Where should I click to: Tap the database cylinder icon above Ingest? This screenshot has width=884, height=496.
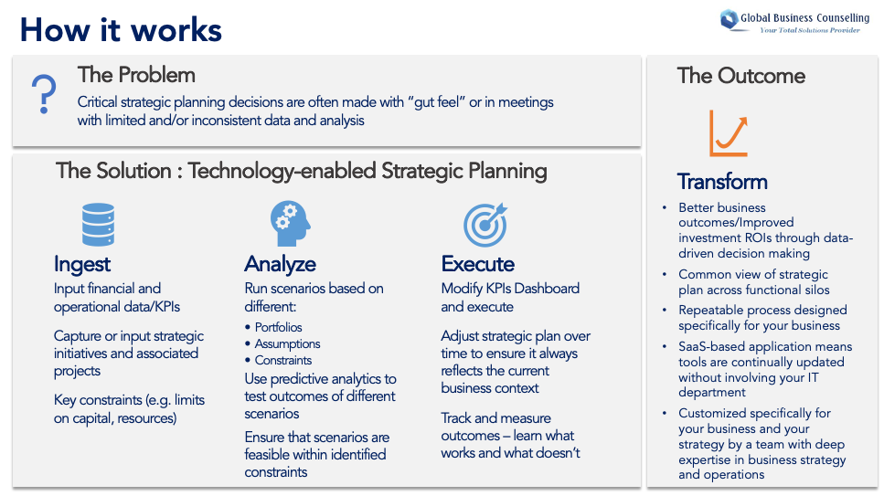(98, 225)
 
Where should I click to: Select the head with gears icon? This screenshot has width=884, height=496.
(291, 224)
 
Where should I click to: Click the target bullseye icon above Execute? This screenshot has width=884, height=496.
(485, 225)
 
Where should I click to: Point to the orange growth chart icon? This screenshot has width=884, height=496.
(729, 133)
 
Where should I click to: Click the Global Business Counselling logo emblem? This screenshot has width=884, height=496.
(729, 20)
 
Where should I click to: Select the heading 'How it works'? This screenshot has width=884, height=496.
(122, 30)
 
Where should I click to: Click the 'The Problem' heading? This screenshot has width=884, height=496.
(136, 75)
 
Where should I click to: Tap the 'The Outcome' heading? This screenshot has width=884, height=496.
(740, 76)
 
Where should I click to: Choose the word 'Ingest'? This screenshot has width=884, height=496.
(82, 264)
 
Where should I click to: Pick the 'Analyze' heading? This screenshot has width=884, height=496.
(281, 264)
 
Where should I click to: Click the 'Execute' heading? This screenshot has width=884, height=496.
(478, 264)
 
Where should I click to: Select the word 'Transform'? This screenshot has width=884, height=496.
(722, 182)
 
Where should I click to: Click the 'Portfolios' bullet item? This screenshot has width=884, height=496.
(278, 328)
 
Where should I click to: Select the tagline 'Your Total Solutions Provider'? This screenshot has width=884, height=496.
(810, 30)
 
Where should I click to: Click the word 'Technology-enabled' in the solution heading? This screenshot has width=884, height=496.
(282, 172)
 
